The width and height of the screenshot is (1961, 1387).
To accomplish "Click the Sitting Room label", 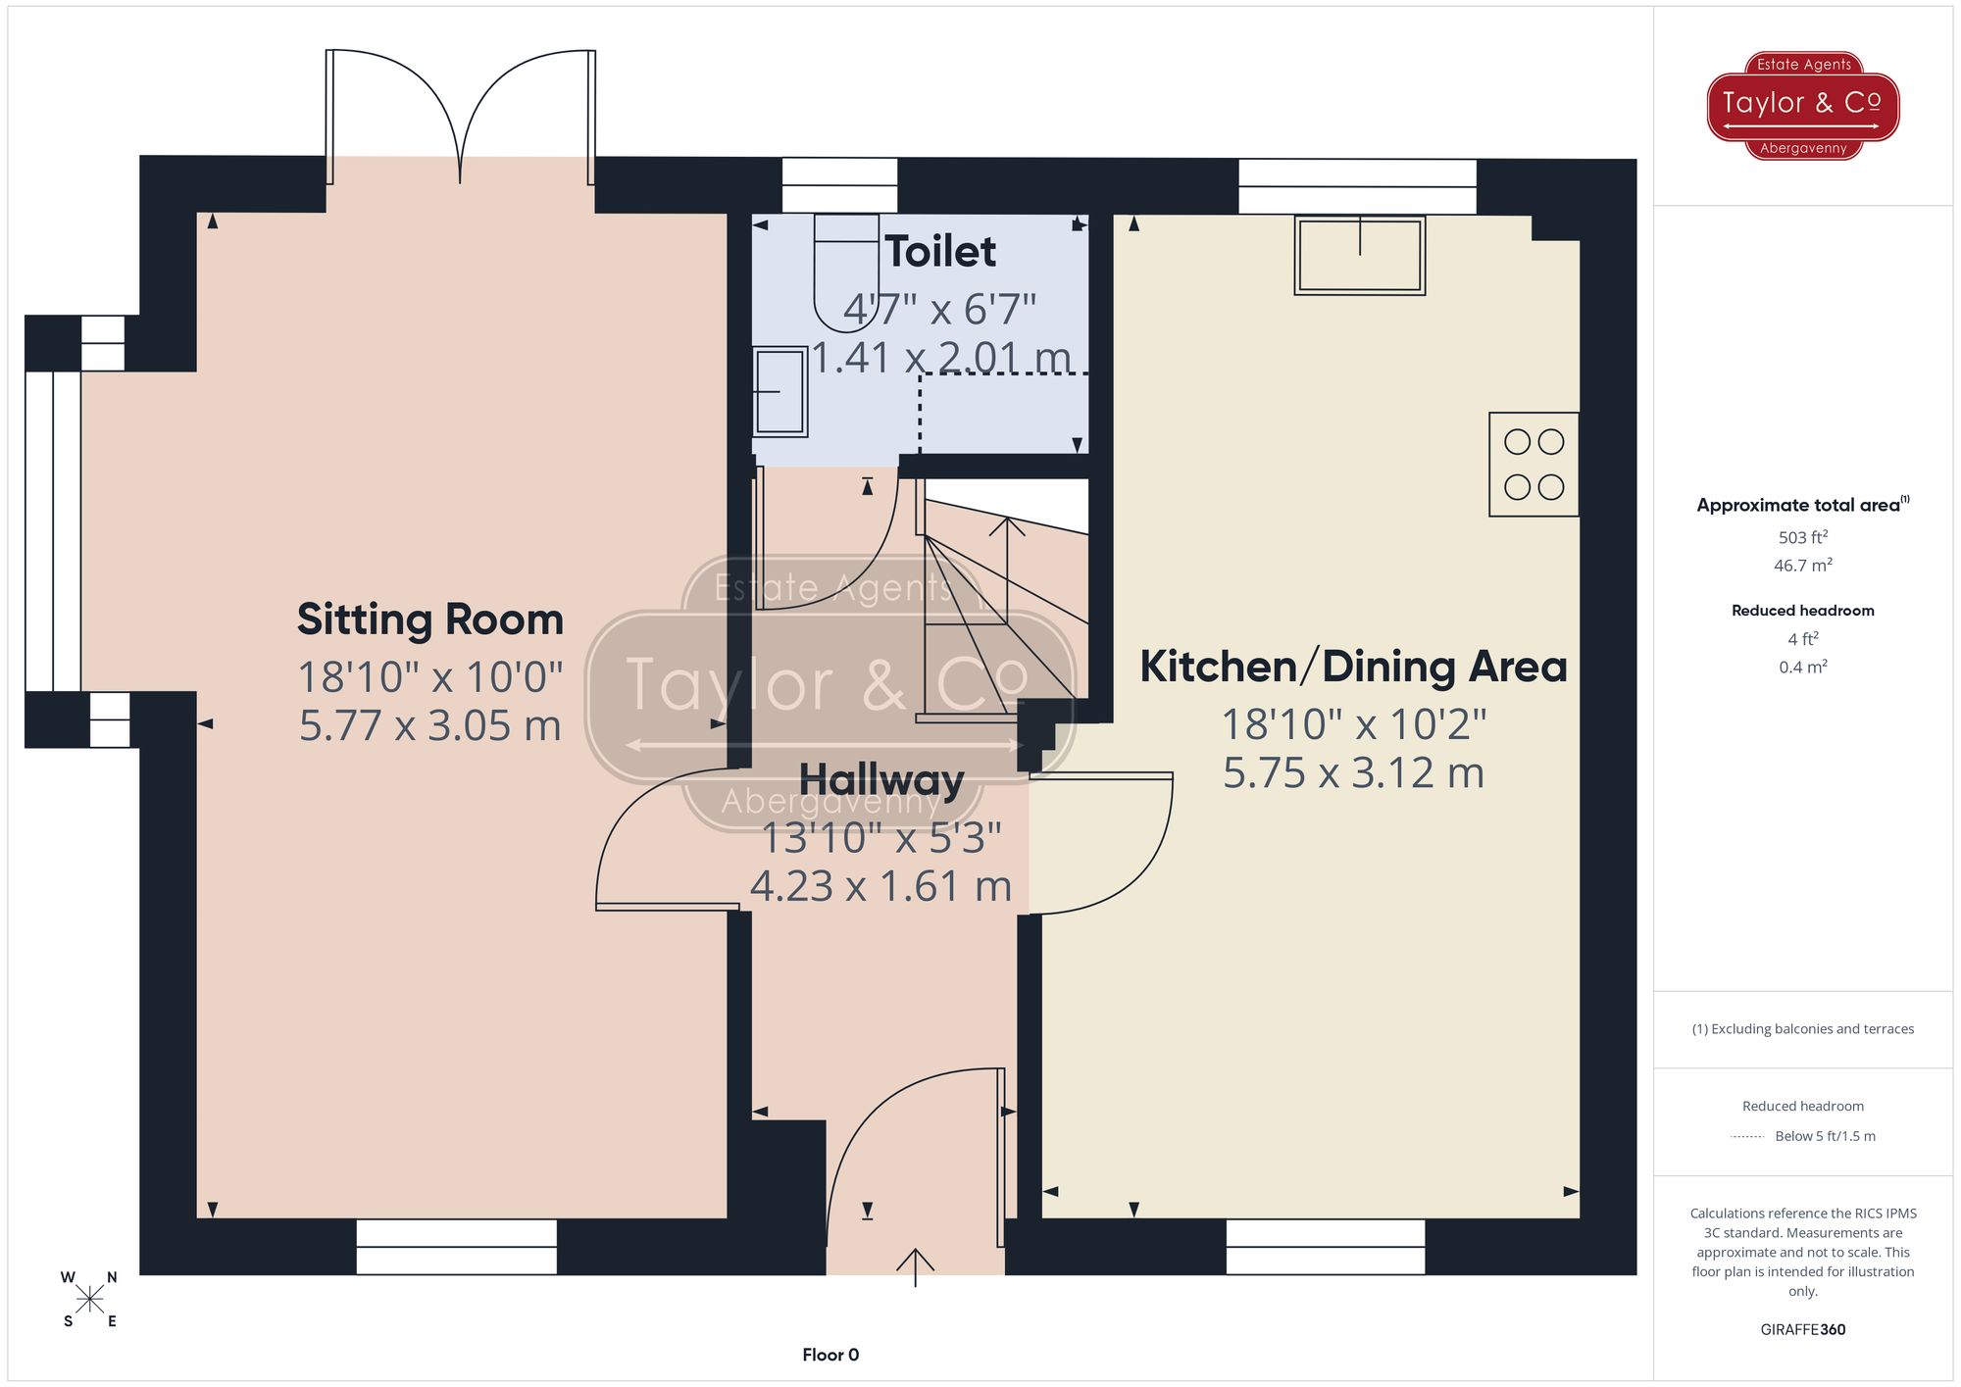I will [429, 619].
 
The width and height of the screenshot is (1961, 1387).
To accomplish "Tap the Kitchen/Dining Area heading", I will [1352, 667].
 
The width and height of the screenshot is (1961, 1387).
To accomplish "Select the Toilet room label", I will [940, 252].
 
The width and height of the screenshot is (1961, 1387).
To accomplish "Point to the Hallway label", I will [880, 780].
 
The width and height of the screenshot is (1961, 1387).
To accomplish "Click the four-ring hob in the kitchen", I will [1534, 465].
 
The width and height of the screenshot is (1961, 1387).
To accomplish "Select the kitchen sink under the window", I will [1359, 255].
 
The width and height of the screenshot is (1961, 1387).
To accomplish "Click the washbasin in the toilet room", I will [780, 392].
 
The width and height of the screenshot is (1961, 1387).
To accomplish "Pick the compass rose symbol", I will [90, 1300].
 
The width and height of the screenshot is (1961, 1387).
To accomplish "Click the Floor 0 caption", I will [830, 1355].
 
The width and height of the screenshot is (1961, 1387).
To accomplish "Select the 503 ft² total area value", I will [1802, 537].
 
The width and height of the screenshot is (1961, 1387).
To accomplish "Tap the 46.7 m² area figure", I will [1802, 566].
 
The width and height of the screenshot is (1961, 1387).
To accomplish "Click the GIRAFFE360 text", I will [1802, 1329].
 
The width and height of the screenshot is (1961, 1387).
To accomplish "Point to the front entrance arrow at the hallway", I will [915, 1266].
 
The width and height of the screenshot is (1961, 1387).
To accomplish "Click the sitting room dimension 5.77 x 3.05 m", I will [429, 725].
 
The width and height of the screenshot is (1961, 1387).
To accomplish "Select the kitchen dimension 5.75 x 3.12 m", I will [1352, 772].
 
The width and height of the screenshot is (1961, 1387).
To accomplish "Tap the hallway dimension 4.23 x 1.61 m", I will [880, 886].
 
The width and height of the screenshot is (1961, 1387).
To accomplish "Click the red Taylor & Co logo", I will [1802, 105].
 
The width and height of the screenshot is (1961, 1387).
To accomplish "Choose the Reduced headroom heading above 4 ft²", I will [1802, 611].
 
